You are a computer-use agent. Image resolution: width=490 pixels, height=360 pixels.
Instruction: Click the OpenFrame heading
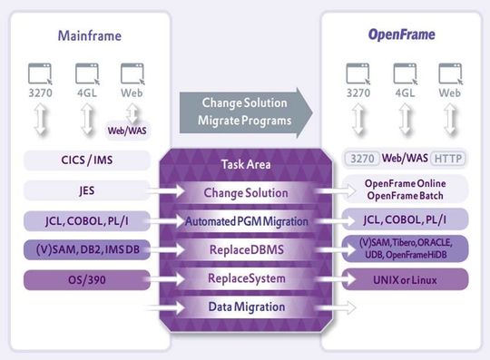(400, 35)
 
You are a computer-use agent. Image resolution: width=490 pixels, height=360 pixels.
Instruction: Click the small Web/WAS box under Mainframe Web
(127, 130)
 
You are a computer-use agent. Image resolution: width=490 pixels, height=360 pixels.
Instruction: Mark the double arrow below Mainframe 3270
(38, 118)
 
